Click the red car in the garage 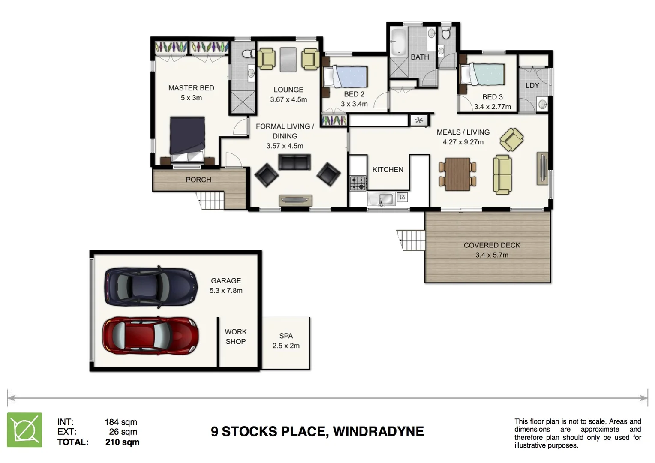(150, 335)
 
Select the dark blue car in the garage (151, 286)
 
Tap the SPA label (286, 336)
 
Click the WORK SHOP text (235, 337)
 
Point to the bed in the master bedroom (188, 138)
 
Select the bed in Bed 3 (483, 74)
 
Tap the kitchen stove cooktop (358, 183)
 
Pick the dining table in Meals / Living (457, 174)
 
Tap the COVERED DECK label (492, 245)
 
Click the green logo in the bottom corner (25, 430)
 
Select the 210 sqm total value (122, 442)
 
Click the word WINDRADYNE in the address (378, 431)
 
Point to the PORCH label (198, 180)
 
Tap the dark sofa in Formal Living (294, 162)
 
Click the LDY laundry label (532, 85)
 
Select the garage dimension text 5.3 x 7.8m (226, 291)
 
